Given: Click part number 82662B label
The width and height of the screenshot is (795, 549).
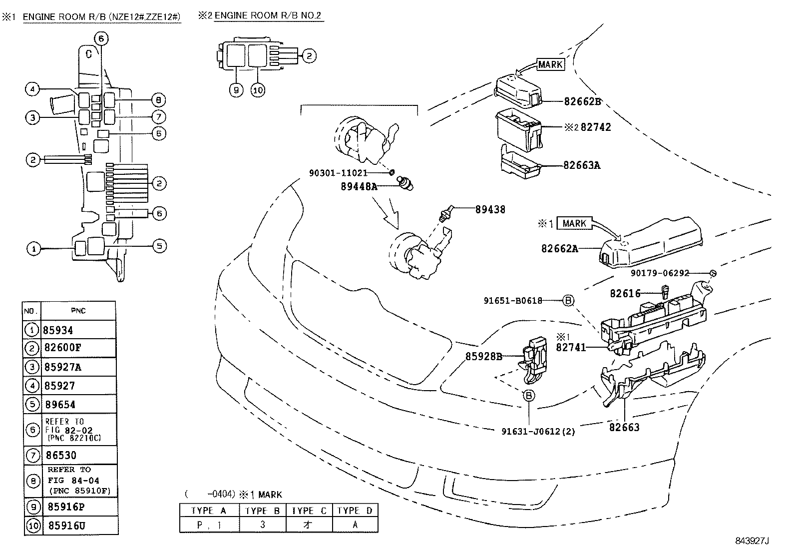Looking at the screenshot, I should pyautogui.click(x=582, y=101).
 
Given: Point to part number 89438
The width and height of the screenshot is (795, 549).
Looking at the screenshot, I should pyautogui.click(x=490, y=209).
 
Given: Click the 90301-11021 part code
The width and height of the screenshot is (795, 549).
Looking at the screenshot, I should pyautogui.click(x=338, y=173).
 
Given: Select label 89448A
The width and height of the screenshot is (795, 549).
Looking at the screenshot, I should pyautogui.click(x=359, y=186).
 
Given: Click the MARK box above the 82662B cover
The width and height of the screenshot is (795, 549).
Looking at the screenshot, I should pyautogui.click(x=550, y=64).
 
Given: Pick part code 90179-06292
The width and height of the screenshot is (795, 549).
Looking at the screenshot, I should pyautogui.click(x=660, y=273).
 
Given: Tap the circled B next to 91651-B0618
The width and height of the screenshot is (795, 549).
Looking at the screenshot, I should pyautogui.click(x=568, y=300).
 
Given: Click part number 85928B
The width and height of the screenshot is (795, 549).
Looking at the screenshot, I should pyautogui.click(x=484, y=356).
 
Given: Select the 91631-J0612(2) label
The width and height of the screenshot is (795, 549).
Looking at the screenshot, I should pyautogui.click(x=538, y=431).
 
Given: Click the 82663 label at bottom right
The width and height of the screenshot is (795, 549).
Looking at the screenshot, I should pyautogui.click(x=624, y=427).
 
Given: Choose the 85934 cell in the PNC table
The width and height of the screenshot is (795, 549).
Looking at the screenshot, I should pyautogui.click(x=58, y=330).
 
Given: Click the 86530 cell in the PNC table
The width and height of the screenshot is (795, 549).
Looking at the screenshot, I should pyautogui.click(x=61, y=455).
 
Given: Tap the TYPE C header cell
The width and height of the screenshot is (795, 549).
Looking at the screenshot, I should pyautogui.click(x=309, y=511).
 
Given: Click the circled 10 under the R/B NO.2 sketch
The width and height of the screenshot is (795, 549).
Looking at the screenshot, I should pyautogui.click(x=258, y=90).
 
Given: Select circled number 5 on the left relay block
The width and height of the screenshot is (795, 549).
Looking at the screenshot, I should pyautogui.click(x=159, y=246).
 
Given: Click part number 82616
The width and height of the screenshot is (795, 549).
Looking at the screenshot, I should pyautogui.click(x=625, y=293).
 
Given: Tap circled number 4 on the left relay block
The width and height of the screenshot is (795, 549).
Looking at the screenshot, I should pyautogui.click(x=32, y=90).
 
